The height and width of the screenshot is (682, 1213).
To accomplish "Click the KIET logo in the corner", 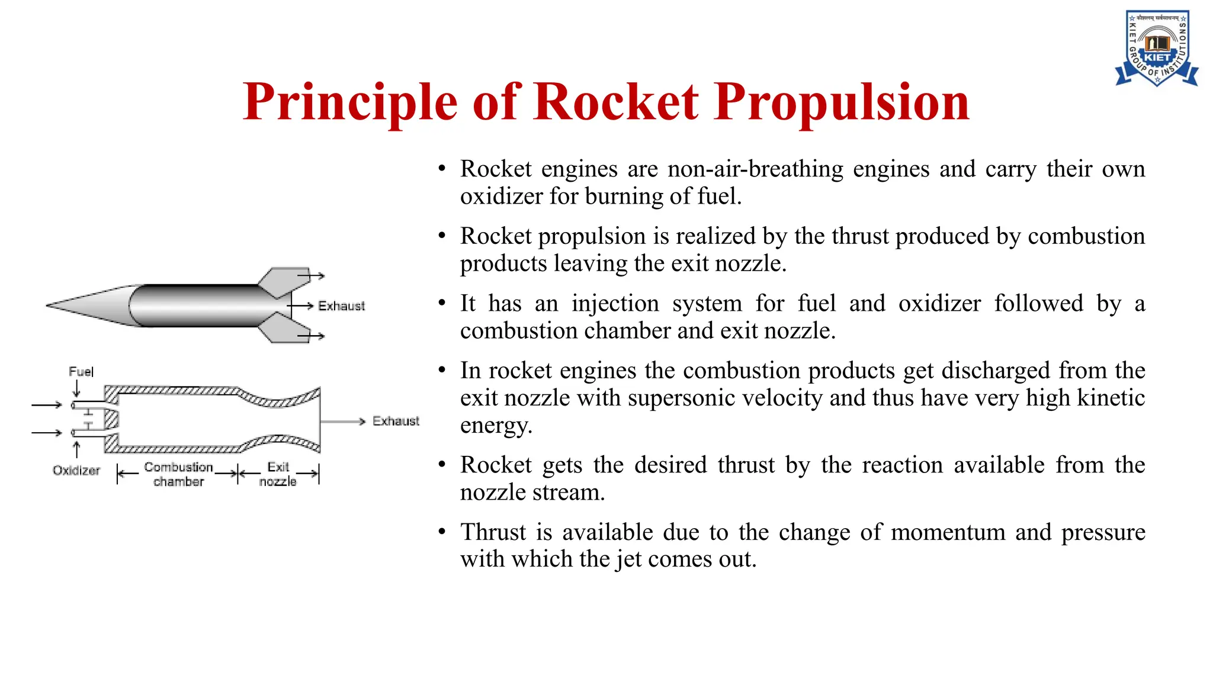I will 1157,49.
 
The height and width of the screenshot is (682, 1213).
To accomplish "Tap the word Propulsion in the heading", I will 842,102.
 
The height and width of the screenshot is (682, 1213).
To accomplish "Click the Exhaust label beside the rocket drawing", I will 341,306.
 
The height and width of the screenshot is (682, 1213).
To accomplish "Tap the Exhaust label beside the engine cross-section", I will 396,421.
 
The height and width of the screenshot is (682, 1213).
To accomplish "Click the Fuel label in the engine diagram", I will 81,372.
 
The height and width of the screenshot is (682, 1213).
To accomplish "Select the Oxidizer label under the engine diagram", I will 76,471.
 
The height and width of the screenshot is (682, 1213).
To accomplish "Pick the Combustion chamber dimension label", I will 178,474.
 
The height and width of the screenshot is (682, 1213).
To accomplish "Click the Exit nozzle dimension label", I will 278,474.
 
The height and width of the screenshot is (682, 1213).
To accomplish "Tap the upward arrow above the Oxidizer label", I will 76,449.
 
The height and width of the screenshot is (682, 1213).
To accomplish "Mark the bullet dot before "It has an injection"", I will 442,304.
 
